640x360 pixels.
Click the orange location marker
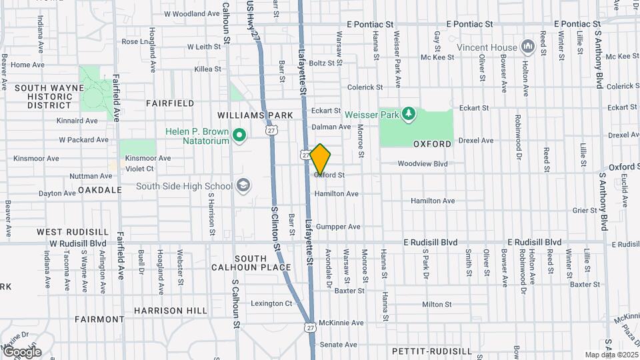pyautogui.click(x=321, y=159)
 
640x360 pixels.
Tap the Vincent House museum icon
pyautogui.click(x=529, y=46)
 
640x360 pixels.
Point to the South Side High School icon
pyautogui.click(x=243, y=185)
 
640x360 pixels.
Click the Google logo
pyautogui.click(x=21, y=352)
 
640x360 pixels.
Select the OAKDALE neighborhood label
pyautogui.click(x=100, y=189)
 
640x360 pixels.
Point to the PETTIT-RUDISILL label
pyautogui.click(x=431, y=351)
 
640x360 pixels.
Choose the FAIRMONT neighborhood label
pyautogui.click(x=99, y=319)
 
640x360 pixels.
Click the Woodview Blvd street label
pyautogui.click(x=423, y=163)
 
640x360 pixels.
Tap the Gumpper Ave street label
pyautogui.click(x=338, y=227)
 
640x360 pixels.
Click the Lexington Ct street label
pyautogui.click(x=271, y=303)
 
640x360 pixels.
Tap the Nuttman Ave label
pyautogui.click(x=91, y=176)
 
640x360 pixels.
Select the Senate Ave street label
pyautogui.click(x=339, y=345)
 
